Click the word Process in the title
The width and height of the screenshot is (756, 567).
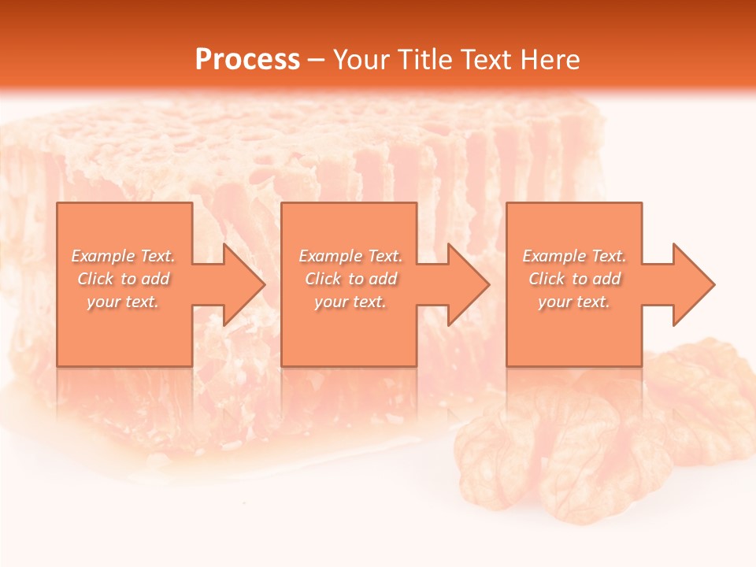tap(247, 60)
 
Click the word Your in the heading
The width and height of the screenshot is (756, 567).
tap(361, 60)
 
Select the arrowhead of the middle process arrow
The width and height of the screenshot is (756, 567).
tap(467, 284)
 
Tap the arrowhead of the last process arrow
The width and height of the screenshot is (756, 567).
tap(691, 284)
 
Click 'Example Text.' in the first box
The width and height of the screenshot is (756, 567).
tap(123, 256)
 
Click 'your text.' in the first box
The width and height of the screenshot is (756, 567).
tap(123, 302)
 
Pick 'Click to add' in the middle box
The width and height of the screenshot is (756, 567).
tap(350, 279)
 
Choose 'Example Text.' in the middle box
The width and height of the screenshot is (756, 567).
tap(350, 256)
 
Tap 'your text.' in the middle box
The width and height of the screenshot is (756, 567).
tap(350, 302)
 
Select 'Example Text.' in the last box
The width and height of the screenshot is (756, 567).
tap(574, 256)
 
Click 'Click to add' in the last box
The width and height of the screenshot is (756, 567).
tap(574, 279)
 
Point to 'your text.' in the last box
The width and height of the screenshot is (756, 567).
tap(574, 302)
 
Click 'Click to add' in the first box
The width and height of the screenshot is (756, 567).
tap(123, 279)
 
